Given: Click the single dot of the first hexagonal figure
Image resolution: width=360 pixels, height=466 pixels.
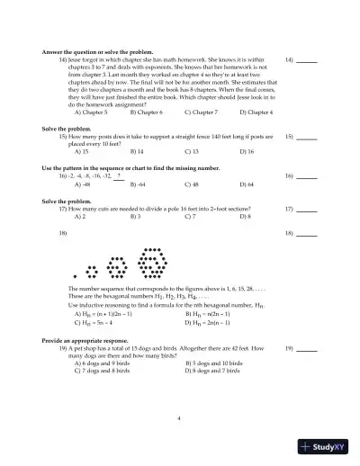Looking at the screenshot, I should (76, 274).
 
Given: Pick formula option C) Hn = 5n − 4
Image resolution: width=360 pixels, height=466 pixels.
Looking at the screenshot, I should (100, 321).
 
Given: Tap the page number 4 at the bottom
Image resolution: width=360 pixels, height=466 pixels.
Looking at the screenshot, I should (179, 418).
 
